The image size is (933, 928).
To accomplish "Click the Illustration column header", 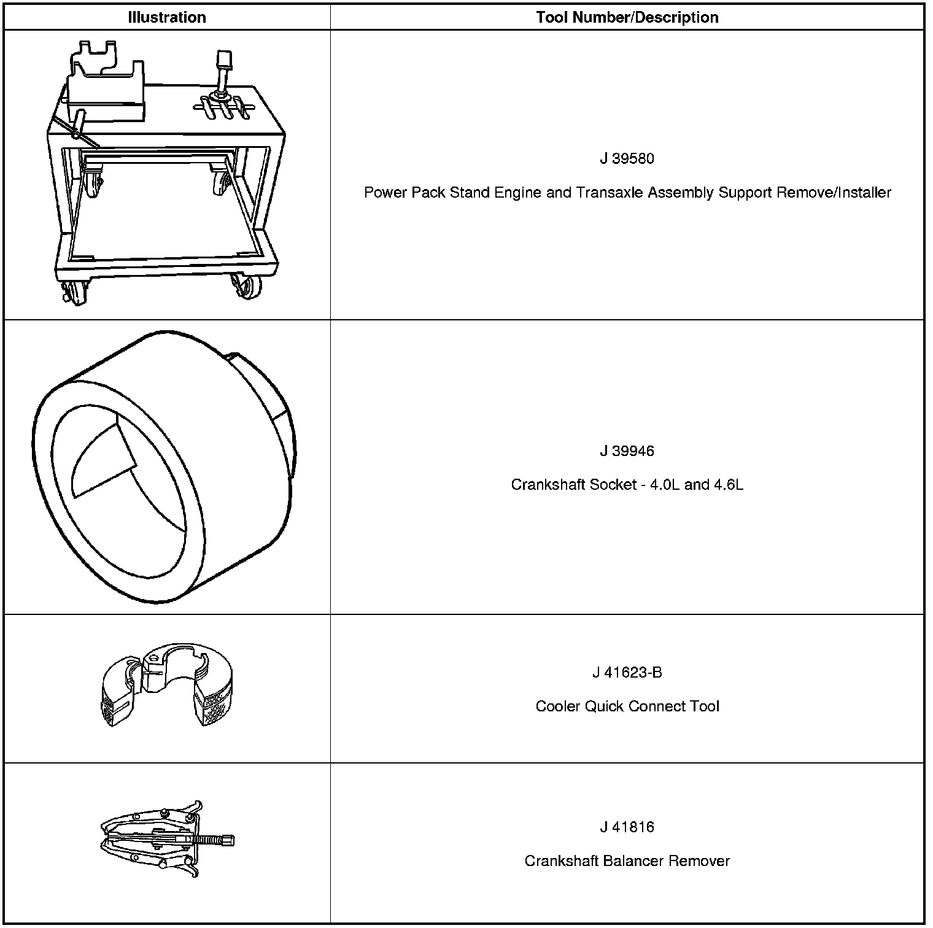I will point(166,17).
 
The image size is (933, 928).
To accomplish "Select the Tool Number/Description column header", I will point(627,17).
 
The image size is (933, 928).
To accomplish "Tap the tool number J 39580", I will point(627,159).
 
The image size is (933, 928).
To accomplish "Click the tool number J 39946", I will point(627,452).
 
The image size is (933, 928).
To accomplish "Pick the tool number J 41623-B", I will point(627,673).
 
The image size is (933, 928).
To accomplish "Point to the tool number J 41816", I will point(627,827).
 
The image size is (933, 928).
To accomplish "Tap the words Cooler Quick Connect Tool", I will point(627,706).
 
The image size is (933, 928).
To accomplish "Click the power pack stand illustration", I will point(166,178).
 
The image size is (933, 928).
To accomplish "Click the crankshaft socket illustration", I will point(165,466).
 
